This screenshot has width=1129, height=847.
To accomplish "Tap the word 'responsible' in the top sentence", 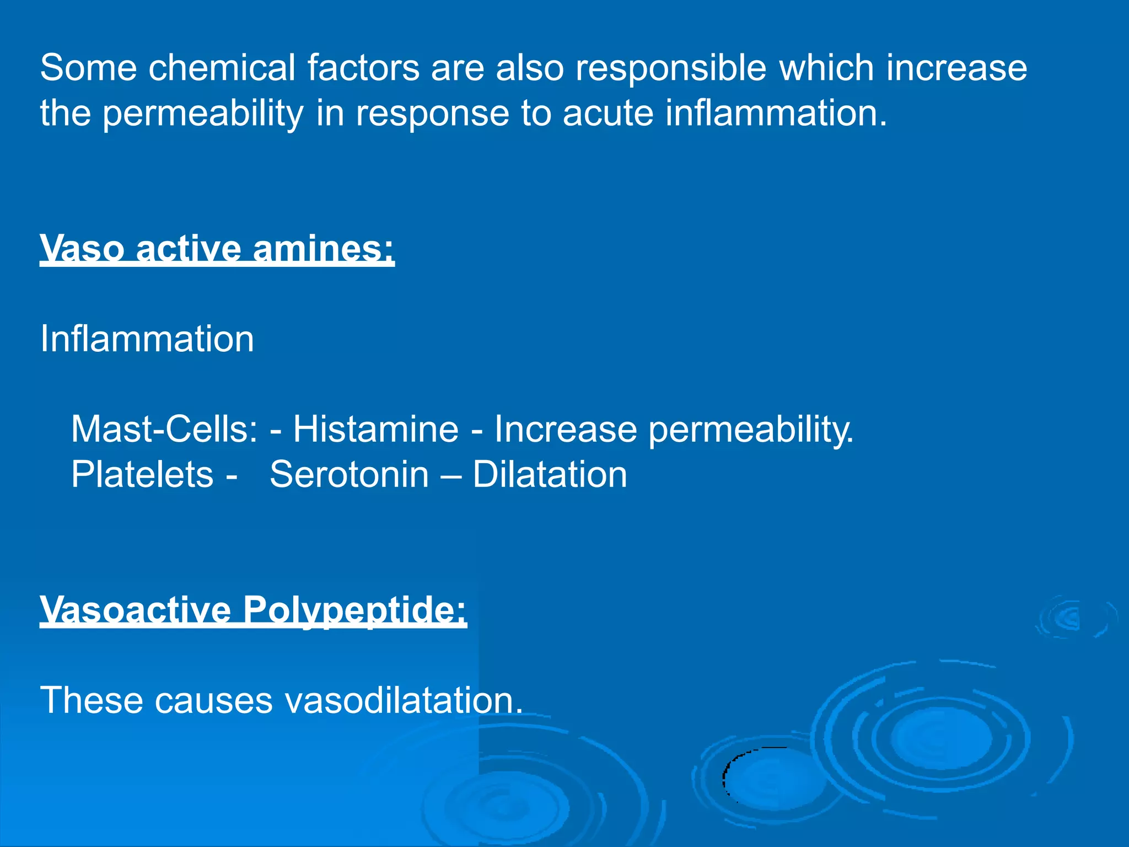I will (x=671, y=69).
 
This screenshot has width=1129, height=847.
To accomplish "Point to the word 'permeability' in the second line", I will (x=203, y=114).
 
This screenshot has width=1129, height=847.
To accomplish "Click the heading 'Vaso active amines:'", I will (x=217, y=249).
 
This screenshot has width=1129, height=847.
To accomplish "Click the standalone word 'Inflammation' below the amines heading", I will (x=147, y=339).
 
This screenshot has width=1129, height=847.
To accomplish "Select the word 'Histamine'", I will (x=375, y=429).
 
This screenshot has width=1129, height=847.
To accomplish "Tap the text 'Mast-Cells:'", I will (x=164, y=429).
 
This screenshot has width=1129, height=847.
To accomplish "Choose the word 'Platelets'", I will (x=142, y=474).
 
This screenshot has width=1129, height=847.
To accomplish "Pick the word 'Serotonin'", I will (x=349, y=474).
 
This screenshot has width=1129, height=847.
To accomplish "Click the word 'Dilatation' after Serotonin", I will (x=550, y=474).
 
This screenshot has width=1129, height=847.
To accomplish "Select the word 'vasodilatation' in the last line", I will (x=404, y=700).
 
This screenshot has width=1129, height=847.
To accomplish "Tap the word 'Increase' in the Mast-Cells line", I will (x=565, y=429).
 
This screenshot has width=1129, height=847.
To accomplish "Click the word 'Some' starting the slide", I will (x=88, y=68).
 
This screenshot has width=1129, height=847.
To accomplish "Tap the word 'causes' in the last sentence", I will (x=213, y=700).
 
